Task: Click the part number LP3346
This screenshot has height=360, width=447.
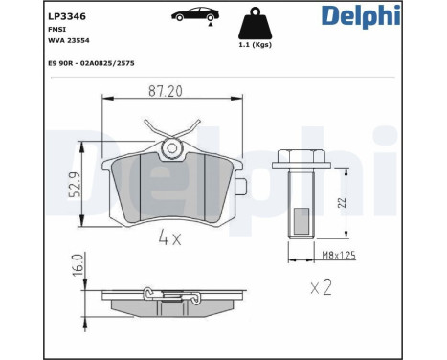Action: (34, 16)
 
